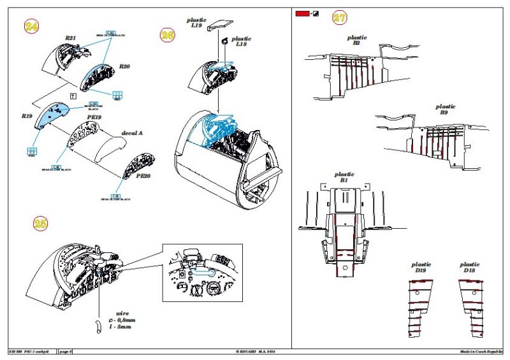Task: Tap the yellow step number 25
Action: [x=40, y=223]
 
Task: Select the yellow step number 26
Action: [x=168, y=36]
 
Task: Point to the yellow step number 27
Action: [x=340, y=17]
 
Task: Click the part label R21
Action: [x=71, y=38]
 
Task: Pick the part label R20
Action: [x=125, y=66]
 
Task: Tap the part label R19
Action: [x=27, y=117]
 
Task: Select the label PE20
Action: [x=143, y=176]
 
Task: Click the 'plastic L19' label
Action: [x=197, y=24]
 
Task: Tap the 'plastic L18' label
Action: [x=242, y=41]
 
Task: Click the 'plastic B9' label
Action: [x=446, y=110]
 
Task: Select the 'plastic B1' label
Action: [x=344, y=177]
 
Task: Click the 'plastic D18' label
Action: [x=469, y=267]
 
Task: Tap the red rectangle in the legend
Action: [x=302, y=13]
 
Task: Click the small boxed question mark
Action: [x=73, y=96]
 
